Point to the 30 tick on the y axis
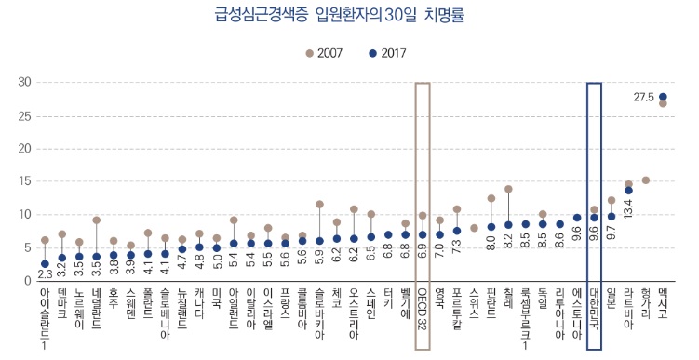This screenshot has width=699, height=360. (24, 83)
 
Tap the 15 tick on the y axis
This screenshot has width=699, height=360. (24, 181)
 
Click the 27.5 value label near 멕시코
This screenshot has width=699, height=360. (644, 97)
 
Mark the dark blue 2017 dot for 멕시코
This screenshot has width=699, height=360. (663, 97)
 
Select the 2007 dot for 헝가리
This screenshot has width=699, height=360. (645, 180)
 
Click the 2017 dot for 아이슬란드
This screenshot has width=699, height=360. (45, 264)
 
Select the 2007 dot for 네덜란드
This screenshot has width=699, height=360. (96, 220)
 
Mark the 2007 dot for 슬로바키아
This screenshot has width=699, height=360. (319, 204)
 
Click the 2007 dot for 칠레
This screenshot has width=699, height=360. (508, 189)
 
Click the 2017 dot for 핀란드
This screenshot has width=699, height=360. (491, 227)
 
